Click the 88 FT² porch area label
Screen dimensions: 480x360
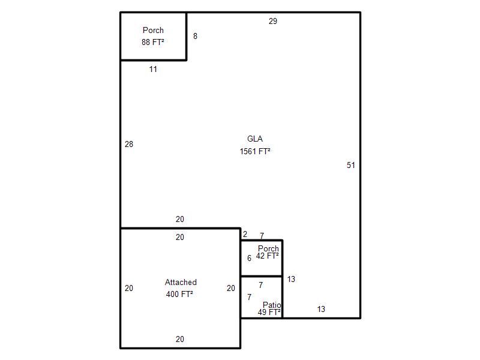(x=153, y=42)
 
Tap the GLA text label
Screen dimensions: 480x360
(x=254, y=139)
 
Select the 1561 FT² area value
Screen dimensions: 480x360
(x=254, y=151)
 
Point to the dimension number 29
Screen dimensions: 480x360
(x=273, y=21)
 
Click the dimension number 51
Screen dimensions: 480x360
(x=351, y=166)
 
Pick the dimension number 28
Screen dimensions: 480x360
(x=129, y=144)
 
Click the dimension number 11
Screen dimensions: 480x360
(x=153, y=69)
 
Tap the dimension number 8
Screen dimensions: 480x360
(x=196, y=36)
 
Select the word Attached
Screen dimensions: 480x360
(x=181, y=282)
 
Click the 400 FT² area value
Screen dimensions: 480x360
(x=179, y=294)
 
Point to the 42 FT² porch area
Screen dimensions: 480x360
(x=267, y=256)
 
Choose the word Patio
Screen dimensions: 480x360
(x=272, y=305)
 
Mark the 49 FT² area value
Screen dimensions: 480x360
(x=269, y=312)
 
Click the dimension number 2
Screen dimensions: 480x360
(x=245, y=234)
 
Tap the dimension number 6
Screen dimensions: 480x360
(x=249, y=259)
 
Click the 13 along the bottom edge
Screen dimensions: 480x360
(x=321, y=309)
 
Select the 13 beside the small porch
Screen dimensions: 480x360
(x=291, y=279)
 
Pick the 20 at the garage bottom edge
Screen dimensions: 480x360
(x=180, y=339)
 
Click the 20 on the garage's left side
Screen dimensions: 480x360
(x=129, y=288)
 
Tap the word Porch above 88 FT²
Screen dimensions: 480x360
(x=153, y=31)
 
